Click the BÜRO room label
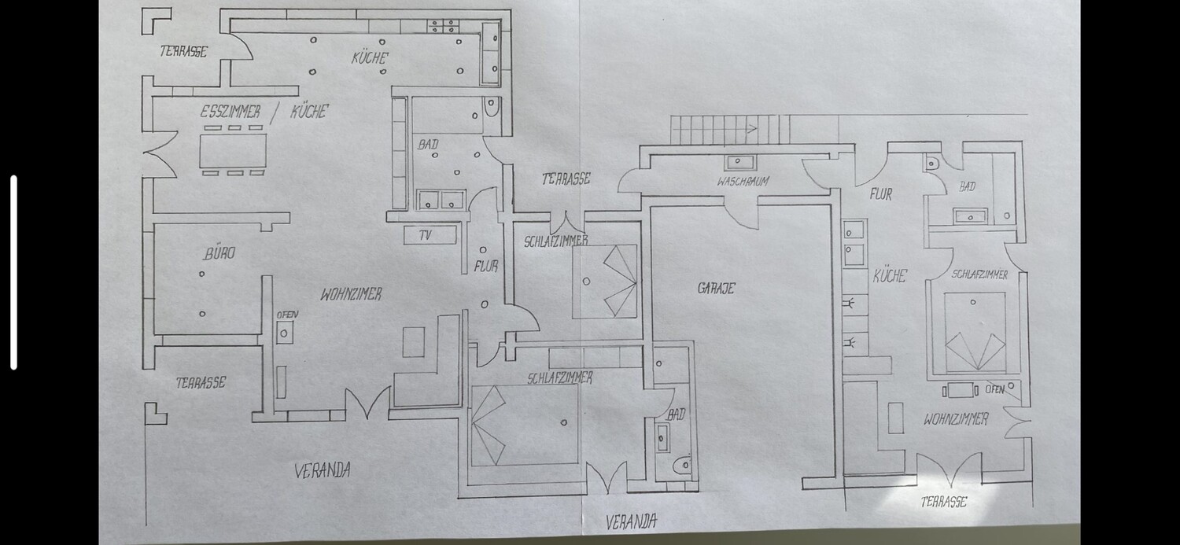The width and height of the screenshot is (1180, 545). point(219,253)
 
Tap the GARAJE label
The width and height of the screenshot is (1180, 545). point(716,288)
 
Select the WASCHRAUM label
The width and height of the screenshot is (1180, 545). point(743,182)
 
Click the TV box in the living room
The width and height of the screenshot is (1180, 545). point(430,235)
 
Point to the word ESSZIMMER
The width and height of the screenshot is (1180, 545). point(230,112)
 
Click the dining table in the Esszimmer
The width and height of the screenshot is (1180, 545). point(233,150)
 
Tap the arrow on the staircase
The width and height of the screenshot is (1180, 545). point(752,128)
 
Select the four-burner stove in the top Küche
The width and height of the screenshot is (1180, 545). point(442,26)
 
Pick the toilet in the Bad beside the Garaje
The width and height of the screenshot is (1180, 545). point(683,465)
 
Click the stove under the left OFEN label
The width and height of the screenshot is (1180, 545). point(285,333)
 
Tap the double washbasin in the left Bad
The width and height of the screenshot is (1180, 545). point(441,200)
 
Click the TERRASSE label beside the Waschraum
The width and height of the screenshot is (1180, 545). point(566,179)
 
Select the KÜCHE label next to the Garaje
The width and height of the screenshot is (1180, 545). point(890,276)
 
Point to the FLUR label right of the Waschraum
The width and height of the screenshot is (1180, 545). point(881,194)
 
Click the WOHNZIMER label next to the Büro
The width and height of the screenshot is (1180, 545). point(351,294)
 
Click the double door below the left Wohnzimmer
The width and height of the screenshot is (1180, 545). point(368,403)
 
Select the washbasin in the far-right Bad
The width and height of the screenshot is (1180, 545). point(970,215)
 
